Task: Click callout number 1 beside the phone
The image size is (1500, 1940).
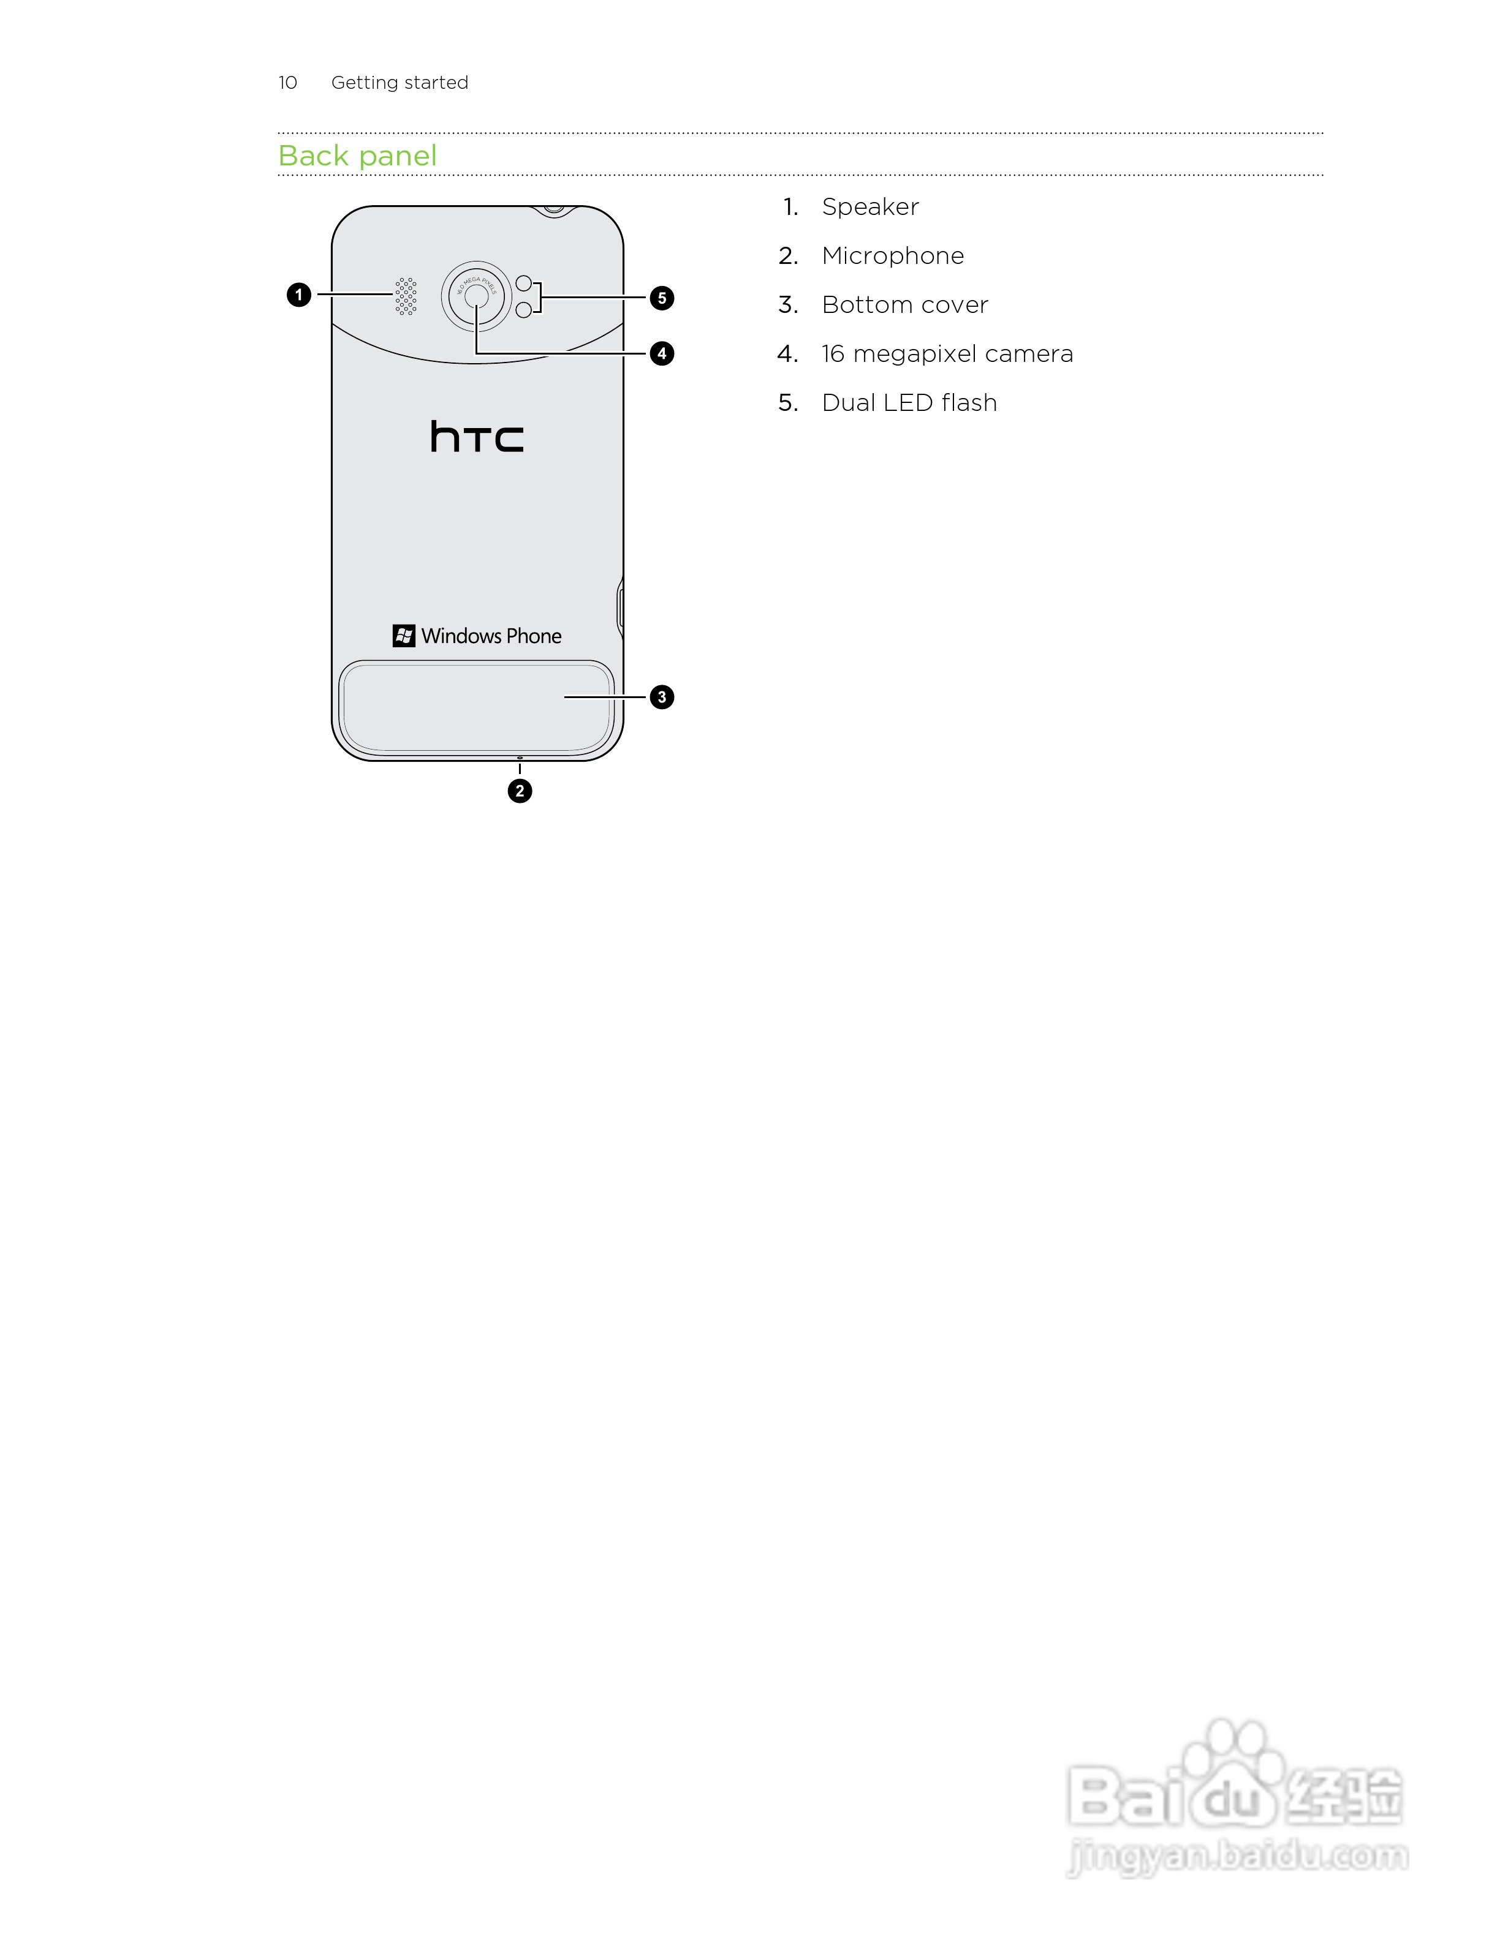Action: coord(298,295)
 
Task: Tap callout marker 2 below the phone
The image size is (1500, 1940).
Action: coord(520,791)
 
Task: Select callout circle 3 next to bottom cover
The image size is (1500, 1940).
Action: coord(661,697)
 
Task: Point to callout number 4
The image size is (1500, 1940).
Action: coord(661,353)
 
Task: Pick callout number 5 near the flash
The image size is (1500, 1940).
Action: coord(661,298)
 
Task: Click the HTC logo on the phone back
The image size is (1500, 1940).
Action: coord(477,437)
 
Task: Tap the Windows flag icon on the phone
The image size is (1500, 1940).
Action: coord(403,636)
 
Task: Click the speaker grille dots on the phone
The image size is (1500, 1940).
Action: coord(406,296)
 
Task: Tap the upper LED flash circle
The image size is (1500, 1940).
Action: coord(523,284)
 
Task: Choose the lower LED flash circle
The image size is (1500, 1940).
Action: coord(523,309)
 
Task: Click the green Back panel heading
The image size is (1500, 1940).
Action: coord(357,156)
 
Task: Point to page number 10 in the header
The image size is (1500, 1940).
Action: coord(288,83)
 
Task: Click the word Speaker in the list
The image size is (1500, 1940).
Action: coord(870,207)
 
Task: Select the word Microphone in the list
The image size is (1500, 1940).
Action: coord(892,256)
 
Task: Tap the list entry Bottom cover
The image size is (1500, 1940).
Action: coord(904,305)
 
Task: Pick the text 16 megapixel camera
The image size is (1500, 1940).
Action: coord(947,353)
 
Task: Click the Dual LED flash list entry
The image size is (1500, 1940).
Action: coord(909,402)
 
